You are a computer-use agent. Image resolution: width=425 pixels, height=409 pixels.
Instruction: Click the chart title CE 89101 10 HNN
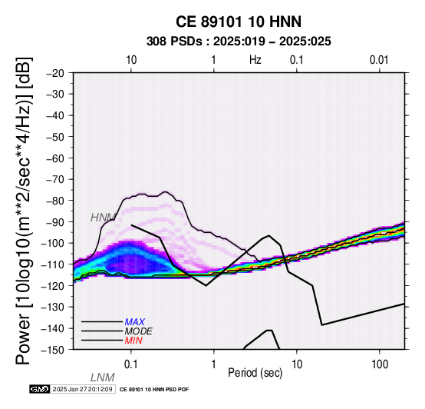pos(239,22)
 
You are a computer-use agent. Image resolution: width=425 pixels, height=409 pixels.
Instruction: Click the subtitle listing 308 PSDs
pos(239,42)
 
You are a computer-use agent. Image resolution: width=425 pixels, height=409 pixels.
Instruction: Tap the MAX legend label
pos(135,322)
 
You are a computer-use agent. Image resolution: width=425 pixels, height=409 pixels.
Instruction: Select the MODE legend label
pos(139,331)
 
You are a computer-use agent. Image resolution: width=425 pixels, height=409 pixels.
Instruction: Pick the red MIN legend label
pos(133,341)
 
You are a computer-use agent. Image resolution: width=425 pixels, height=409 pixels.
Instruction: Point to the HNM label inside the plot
pos(103,218)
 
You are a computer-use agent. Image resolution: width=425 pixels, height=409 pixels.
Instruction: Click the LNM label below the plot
pos(103,377)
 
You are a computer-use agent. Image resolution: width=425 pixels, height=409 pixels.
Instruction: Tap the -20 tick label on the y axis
pos(55,73)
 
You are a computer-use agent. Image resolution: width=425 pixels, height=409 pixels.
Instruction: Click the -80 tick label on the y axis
pos(55,201)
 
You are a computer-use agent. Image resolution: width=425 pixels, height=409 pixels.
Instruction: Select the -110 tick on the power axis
pos(53,264)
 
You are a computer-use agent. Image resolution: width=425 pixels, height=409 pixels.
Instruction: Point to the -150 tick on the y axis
pos(53,350)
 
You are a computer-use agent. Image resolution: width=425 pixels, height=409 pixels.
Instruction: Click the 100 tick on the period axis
pos(380,364)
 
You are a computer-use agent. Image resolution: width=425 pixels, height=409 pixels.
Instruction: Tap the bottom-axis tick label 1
pos(214,364)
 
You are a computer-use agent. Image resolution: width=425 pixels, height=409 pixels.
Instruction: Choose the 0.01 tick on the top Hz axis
pos(379,60)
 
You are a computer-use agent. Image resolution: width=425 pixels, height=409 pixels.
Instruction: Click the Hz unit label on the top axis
pos(255,60)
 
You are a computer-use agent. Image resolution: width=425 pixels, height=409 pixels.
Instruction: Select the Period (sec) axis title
pos(255,373)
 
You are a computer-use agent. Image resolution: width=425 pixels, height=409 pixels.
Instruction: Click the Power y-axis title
pos(24,211)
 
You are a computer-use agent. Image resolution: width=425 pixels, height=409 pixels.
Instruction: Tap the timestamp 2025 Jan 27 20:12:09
pos(82,389)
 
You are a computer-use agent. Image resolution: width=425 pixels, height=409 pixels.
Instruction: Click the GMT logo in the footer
pos(40,389)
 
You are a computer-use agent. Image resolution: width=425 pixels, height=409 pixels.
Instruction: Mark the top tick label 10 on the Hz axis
pos(131,60)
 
